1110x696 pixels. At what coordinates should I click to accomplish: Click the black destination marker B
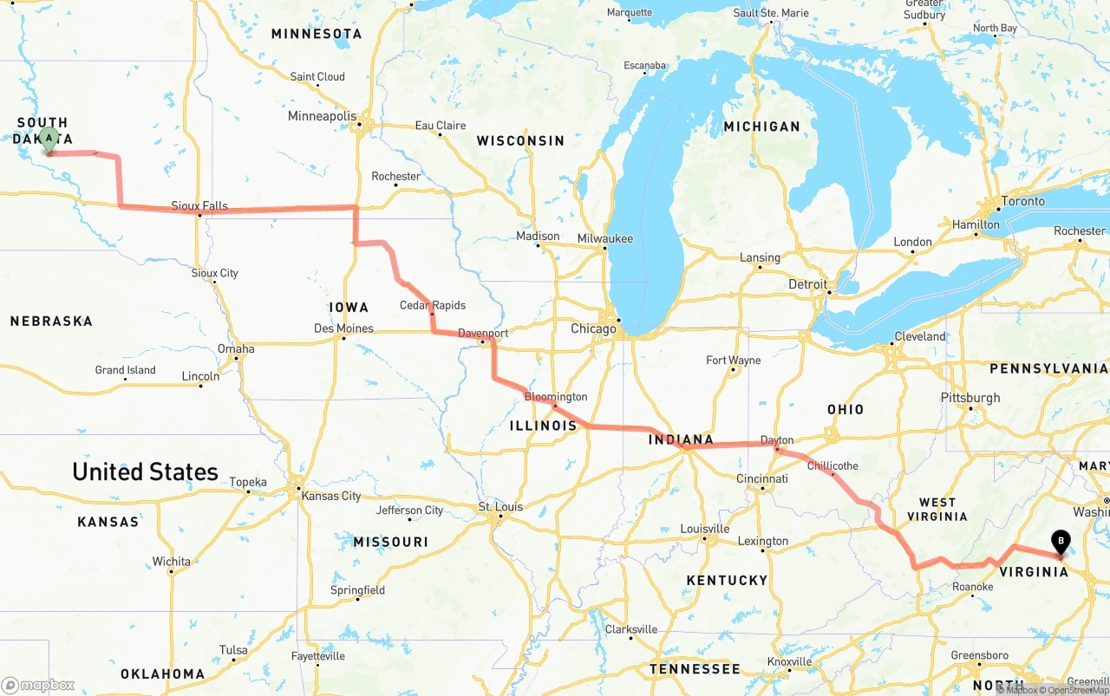click(x=1060, y=542)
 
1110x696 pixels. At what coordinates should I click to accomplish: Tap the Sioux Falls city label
click(x=199, y=206)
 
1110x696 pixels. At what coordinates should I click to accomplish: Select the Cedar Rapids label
click(x=432, y=305)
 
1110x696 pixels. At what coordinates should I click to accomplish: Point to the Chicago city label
click(x=593, y=329)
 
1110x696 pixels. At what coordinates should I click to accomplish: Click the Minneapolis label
click(x=322, y=116)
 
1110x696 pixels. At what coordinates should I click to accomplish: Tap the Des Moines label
click(x=343, y=328)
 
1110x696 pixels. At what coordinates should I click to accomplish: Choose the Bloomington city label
click(x=556, y=397)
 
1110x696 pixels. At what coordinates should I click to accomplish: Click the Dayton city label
click(x=777, y=440)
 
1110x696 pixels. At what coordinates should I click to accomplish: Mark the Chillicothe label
click(x=832, y=465)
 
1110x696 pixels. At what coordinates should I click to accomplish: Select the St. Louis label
click(x=500, y=507)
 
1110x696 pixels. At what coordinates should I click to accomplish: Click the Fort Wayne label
click(x=733, y=360)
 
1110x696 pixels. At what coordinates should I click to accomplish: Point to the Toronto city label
click(x=1022, y=201)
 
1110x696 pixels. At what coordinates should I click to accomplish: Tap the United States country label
click(x=145, y=472)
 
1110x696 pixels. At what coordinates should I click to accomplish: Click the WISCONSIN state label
click(x=519, y=140)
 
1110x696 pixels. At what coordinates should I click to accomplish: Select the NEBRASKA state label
click(x=51, y=322)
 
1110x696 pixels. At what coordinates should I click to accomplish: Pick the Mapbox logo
click(x=38, y=685)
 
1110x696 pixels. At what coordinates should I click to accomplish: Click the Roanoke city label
click(x=972, y=587)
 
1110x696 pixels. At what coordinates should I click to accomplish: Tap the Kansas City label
click(x=330, y=496)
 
